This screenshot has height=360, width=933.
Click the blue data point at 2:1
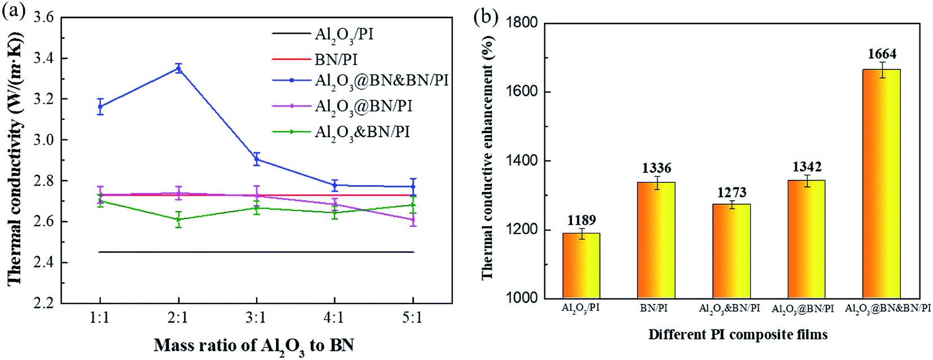tap(178, 68)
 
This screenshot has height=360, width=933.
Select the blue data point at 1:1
tap(100, 106)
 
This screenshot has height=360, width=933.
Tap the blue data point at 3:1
tap(257, 159)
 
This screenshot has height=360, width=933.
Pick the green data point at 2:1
tap(178, 219)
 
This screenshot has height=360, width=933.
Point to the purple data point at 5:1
tap(413, 219)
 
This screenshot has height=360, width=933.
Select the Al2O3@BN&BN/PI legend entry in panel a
tap(381, 81)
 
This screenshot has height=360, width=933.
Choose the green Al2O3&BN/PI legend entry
tap(362, 132)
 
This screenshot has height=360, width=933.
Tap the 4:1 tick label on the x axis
tap(334, 318)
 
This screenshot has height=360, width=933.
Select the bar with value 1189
tap(581, 265)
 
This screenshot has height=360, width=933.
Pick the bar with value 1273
tap(731, 251)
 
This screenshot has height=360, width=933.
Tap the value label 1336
tap(656, 168)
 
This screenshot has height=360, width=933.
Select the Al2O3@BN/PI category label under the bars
tap(802, 309)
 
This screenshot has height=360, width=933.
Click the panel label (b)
tap(486, 17)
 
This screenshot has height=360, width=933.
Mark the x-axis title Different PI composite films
tap(737, 335)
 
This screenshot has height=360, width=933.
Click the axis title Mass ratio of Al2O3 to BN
tap(254, 345)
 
